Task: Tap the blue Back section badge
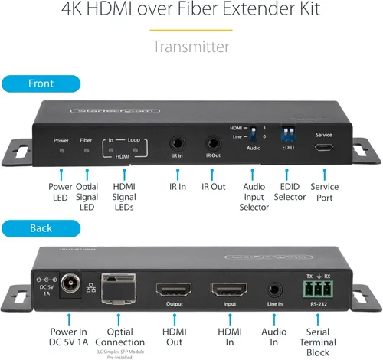[x=40, y=227]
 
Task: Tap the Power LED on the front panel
[x=61, y=150]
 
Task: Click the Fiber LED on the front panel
[x=86, y=150]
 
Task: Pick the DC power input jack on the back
[x=71, y=283]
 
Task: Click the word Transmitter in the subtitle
[x=191, y=47]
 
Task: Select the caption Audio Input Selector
[x=254, y=197]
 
